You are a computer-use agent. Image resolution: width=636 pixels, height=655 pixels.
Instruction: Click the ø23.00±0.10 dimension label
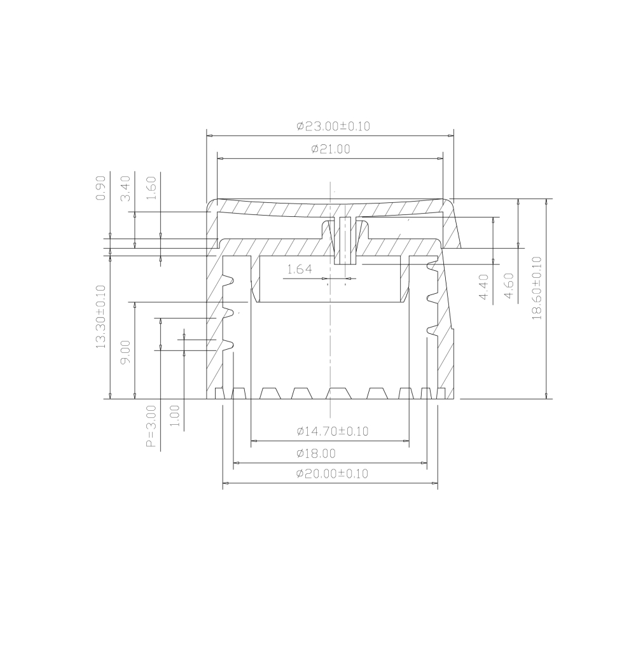pos(333,126)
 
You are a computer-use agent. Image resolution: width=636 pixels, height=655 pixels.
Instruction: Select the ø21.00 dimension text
pos(331,149)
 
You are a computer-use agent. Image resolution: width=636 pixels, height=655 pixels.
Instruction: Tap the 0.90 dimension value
pos(100,188)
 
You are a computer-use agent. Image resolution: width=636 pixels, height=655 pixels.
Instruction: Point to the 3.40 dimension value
pos(126,188)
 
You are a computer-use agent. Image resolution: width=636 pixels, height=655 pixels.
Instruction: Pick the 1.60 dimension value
pos(151,188)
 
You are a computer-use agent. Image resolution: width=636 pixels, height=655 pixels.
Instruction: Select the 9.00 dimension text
pos(126,352)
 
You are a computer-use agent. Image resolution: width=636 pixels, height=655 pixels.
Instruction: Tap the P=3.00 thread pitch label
pos(151,425)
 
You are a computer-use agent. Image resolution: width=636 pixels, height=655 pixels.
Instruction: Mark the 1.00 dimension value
pos(176,416)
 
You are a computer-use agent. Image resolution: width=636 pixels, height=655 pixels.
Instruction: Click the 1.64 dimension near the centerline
pos(299,270)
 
